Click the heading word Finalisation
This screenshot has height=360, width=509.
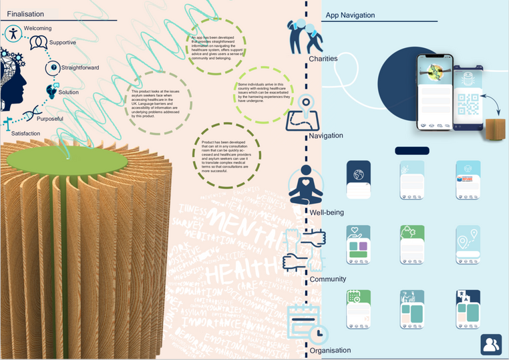pos(25,14)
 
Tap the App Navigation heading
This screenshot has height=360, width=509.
pos(349,15)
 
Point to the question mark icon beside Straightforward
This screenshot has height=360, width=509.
pos(52,67)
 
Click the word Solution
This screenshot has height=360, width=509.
pos(68,92)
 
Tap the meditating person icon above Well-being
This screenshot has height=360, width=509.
pos(305,185)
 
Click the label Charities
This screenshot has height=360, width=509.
pos(323,59)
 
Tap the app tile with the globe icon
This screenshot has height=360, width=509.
pos(358,179)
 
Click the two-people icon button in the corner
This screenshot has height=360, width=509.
pos(491,344)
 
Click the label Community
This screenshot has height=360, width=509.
pos(327,279)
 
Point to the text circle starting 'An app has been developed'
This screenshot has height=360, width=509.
pos(211,48)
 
